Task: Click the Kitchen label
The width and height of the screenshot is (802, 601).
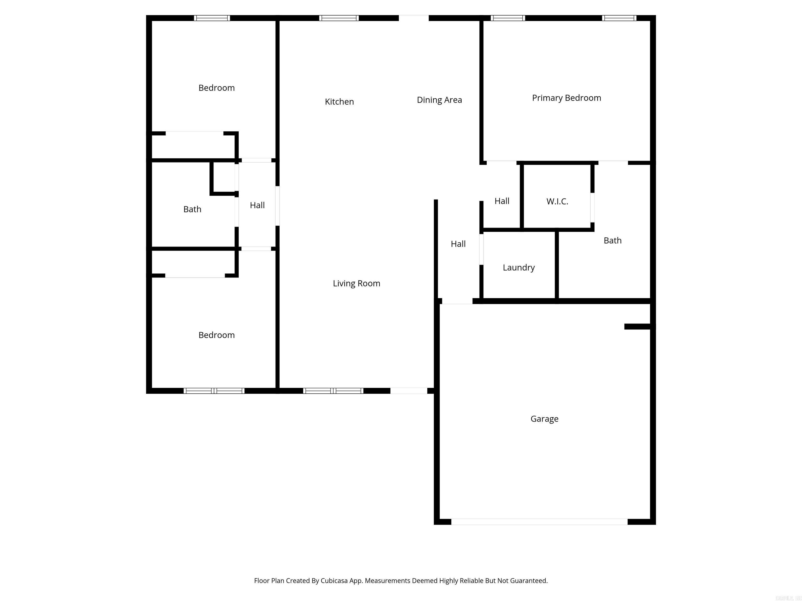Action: [339, 102]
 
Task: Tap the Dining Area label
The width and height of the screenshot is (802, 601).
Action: [439, 100]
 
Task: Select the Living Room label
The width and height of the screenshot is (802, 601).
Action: [356, 283]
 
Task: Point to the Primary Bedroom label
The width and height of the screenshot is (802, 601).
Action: [566, 98]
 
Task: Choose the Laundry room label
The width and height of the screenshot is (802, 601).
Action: [518, 268]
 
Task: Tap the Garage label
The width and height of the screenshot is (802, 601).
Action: [544, 419]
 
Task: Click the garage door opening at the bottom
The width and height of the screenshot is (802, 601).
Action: [539, 522]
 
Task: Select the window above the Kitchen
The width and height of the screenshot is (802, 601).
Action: [339, 18]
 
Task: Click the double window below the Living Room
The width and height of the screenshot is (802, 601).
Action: [333, 390]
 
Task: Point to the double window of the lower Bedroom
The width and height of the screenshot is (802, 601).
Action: [214, 390]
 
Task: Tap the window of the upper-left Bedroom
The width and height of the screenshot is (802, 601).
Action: [212, 18]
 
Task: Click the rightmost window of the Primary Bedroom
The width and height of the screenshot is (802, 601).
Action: [619, 18]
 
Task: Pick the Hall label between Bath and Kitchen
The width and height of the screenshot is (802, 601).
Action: [257, 205]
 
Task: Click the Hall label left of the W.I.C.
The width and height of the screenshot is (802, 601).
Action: [502, 201]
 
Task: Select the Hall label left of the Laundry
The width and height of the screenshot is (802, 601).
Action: [458, 244]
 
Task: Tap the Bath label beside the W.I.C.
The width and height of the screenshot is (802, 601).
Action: [612, 241]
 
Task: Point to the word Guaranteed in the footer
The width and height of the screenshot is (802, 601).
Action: [529, 581]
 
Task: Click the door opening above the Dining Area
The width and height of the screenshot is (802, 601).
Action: [414, 18]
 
